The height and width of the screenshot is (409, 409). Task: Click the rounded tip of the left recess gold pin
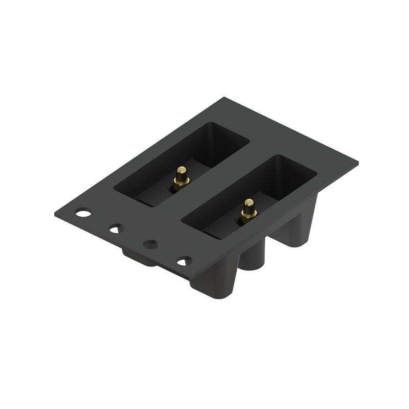coord(181,169)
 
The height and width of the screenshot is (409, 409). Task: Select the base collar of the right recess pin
coord(248,215)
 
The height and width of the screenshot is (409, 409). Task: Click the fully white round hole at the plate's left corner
coord(83,212)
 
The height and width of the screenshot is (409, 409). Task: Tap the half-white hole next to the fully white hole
coord(117,228)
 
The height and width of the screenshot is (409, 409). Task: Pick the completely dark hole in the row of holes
coord(150,244)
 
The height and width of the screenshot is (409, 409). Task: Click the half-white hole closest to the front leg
coord(185,261)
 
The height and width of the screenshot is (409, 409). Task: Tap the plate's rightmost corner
coord(357,163)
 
